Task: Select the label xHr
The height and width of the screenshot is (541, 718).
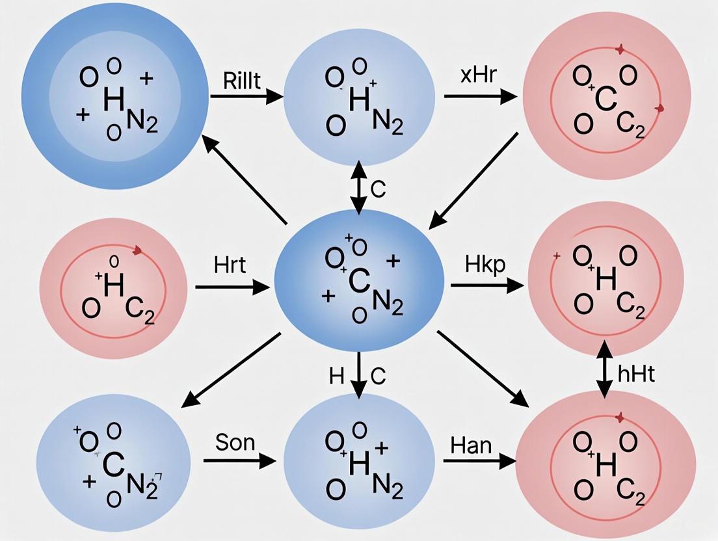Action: [x=478, y=75]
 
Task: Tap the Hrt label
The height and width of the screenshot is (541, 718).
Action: [x=230, y=265]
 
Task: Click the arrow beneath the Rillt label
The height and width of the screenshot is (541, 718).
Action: [x=246, y=98]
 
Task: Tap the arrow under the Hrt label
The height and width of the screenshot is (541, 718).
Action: [x=232, y=286]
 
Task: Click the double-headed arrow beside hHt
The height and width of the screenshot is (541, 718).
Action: [x=605, y=371]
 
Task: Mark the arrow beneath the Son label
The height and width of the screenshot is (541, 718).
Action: [x=239, y=461]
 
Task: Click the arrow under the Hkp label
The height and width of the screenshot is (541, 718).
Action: [x=487, y=285]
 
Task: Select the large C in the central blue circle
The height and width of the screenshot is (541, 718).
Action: [x=359, y=280]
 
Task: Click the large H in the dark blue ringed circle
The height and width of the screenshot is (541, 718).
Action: [x=113, y=99]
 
